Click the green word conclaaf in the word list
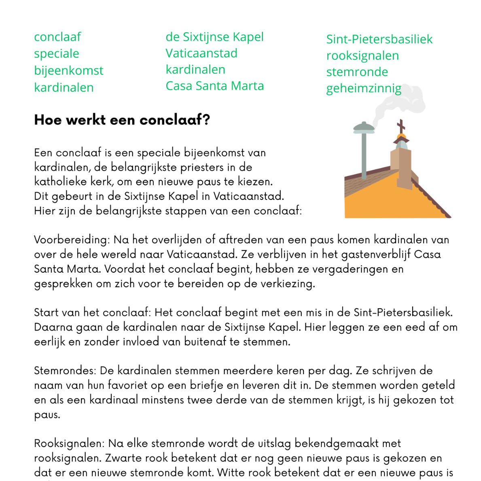click(57, 37)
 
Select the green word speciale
click(56, 54)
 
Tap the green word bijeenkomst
click(68, 71)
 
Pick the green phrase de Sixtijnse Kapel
click(214, 37)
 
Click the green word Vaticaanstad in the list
click(201, 53)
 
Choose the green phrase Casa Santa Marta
click(214, 86)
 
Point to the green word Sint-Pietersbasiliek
click(379, 39)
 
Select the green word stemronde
click(357, 72)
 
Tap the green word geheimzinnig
click(363, 89)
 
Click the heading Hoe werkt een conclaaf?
click(122, 120)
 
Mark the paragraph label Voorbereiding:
click(72, 240)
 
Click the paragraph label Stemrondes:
click(64, 371)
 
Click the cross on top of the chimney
click(401, 126)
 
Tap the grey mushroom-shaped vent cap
click(364, 129)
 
